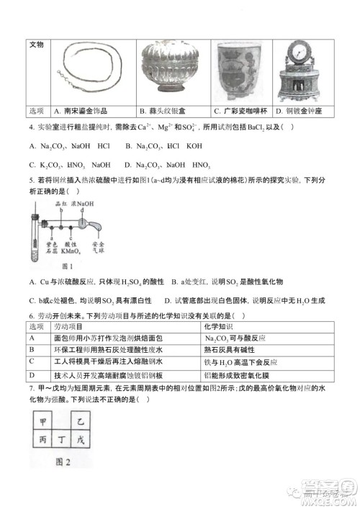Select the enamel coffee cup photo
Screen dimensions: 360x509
click(x=240, y=69)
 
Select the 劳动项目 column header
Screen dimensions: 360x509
click(x=68, y=328)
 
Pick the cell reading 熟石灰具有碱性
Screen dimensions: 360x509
click(x=230, y=351)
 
